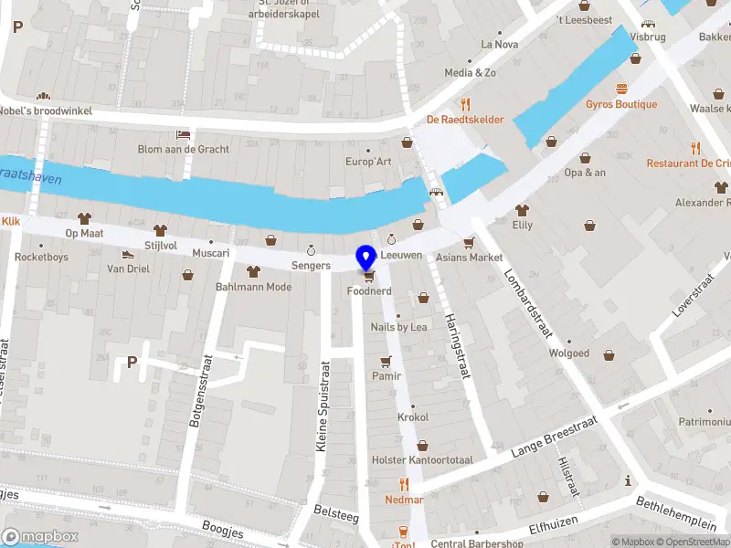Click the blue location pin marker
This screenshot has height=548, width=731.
coord(367,258)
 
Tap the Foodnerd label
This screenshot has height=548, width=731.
coord(369,291)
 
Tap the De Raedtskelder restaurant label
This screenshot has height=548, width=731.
coord(464,119)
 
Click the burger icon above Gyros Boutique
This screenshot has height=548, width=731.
coord(622,89)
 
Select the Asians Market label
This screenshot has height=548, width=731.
coord(468,257)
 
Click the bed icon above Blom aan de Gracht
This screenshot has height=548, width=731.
coord(183,133)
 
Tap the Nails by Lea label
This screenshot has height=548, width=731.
coord(398,327)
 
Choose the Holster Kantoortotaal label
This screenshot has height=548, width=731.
coord(422,459)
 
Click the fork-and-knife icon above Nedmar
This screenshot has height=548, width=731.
coord(403,484)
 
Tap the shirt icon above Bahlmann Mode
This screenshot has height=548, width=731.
coord(253,271)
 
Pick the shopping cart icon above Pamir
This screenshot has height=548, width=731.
coord(386,360)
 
